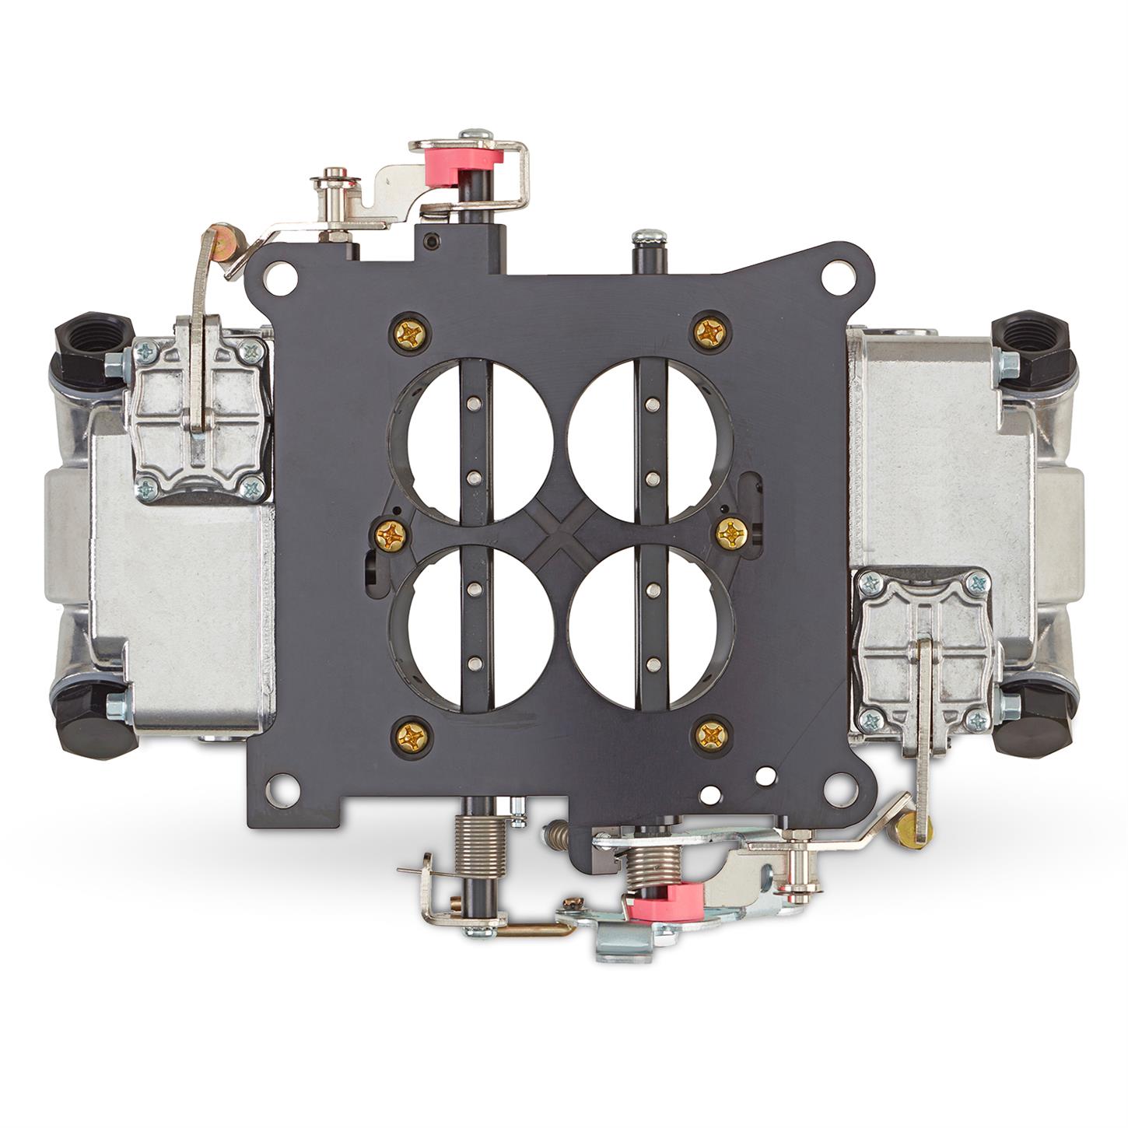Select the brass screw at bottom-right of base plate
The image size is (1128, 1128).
coord(710,734)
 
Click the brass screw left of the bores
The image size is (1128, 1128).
coord(389,534)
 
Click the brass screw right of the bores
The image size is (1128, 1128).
coord(731,533)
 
